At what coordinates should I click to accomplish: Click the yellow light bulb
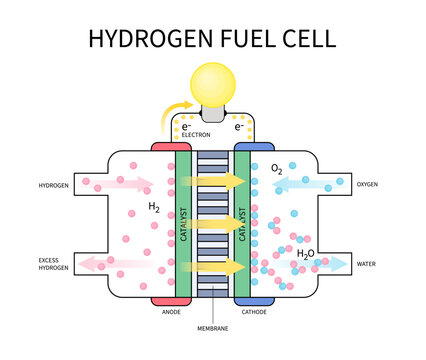coord(212,83)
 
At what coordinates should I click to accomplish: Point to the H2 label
coord(154,207)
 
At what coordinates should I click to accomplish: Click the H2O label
coord(306,254)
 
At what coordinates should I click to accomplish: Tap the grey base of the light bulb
coord(212,115)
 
